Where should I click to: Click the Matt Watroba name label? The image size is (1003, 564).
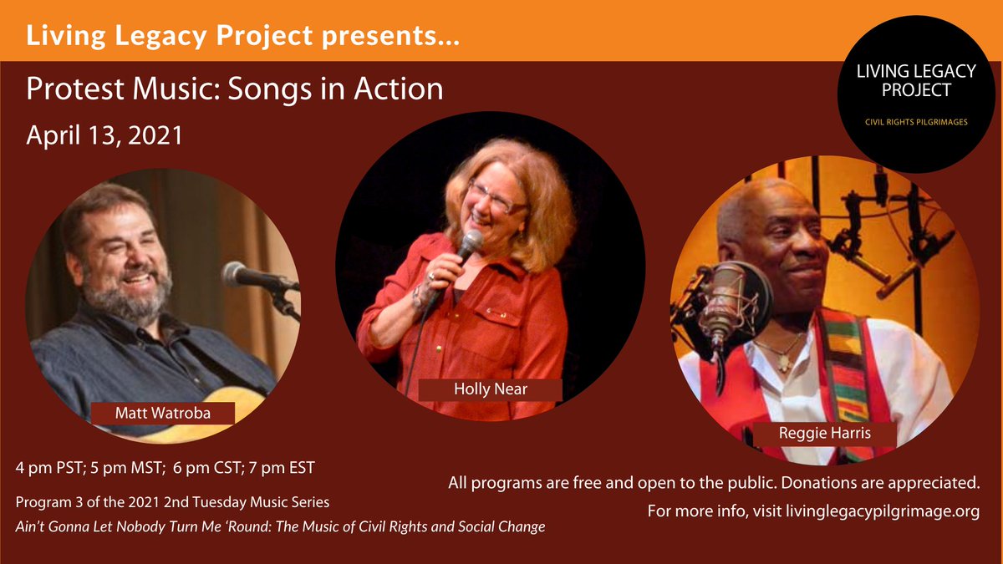pyautogui.click(x=163, y=413)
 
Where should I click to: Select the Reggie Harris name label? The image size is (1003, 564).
pyautogui.click(x=812, y=434)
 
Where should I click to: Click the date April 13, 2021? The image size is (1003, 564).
pyautogui.click(x=104, y=135)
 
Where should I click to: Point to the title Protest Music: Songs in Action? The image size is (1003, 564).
pyautogui.click(x=235, y=89)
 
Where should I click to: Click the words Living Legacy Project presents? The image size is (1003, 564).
pyautogui.click(x=242, y=36)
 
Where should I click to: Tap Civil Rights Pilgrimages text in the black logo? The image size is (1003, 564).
pyautogui.click(x=916, y=123)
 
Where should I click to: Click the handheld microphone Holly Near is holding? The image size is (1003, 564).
pyautogui.click(x=468, y=246)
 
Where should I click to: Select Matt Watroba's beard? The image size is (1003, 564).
pyautogui.click(x=134, y=301)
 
